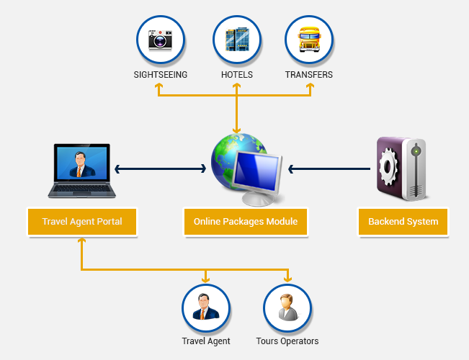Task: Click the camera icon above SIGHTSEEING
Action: point(161,40)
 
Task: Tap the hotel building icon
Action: point(236,40)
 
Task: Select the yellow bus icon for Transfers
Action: point(309,40)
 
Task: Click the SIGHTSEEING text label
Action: point(161,74)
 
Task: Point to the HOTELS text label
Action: point(236,74)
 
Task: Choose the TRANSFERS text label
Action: point(309,74)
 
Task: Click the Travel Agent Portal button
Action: point(81,222)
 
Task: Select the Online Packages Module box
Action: point(245,222)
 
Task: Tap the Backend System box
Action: point(403,222)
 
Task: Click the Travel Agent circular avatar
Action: point(206,308)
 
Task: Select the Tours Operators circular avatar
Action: point(287,308)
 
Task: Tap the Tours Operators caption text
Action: point(287,341)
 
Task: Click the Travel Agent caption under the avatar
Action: point(206,341)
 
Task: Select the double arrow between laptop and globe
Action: point(161,169)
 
